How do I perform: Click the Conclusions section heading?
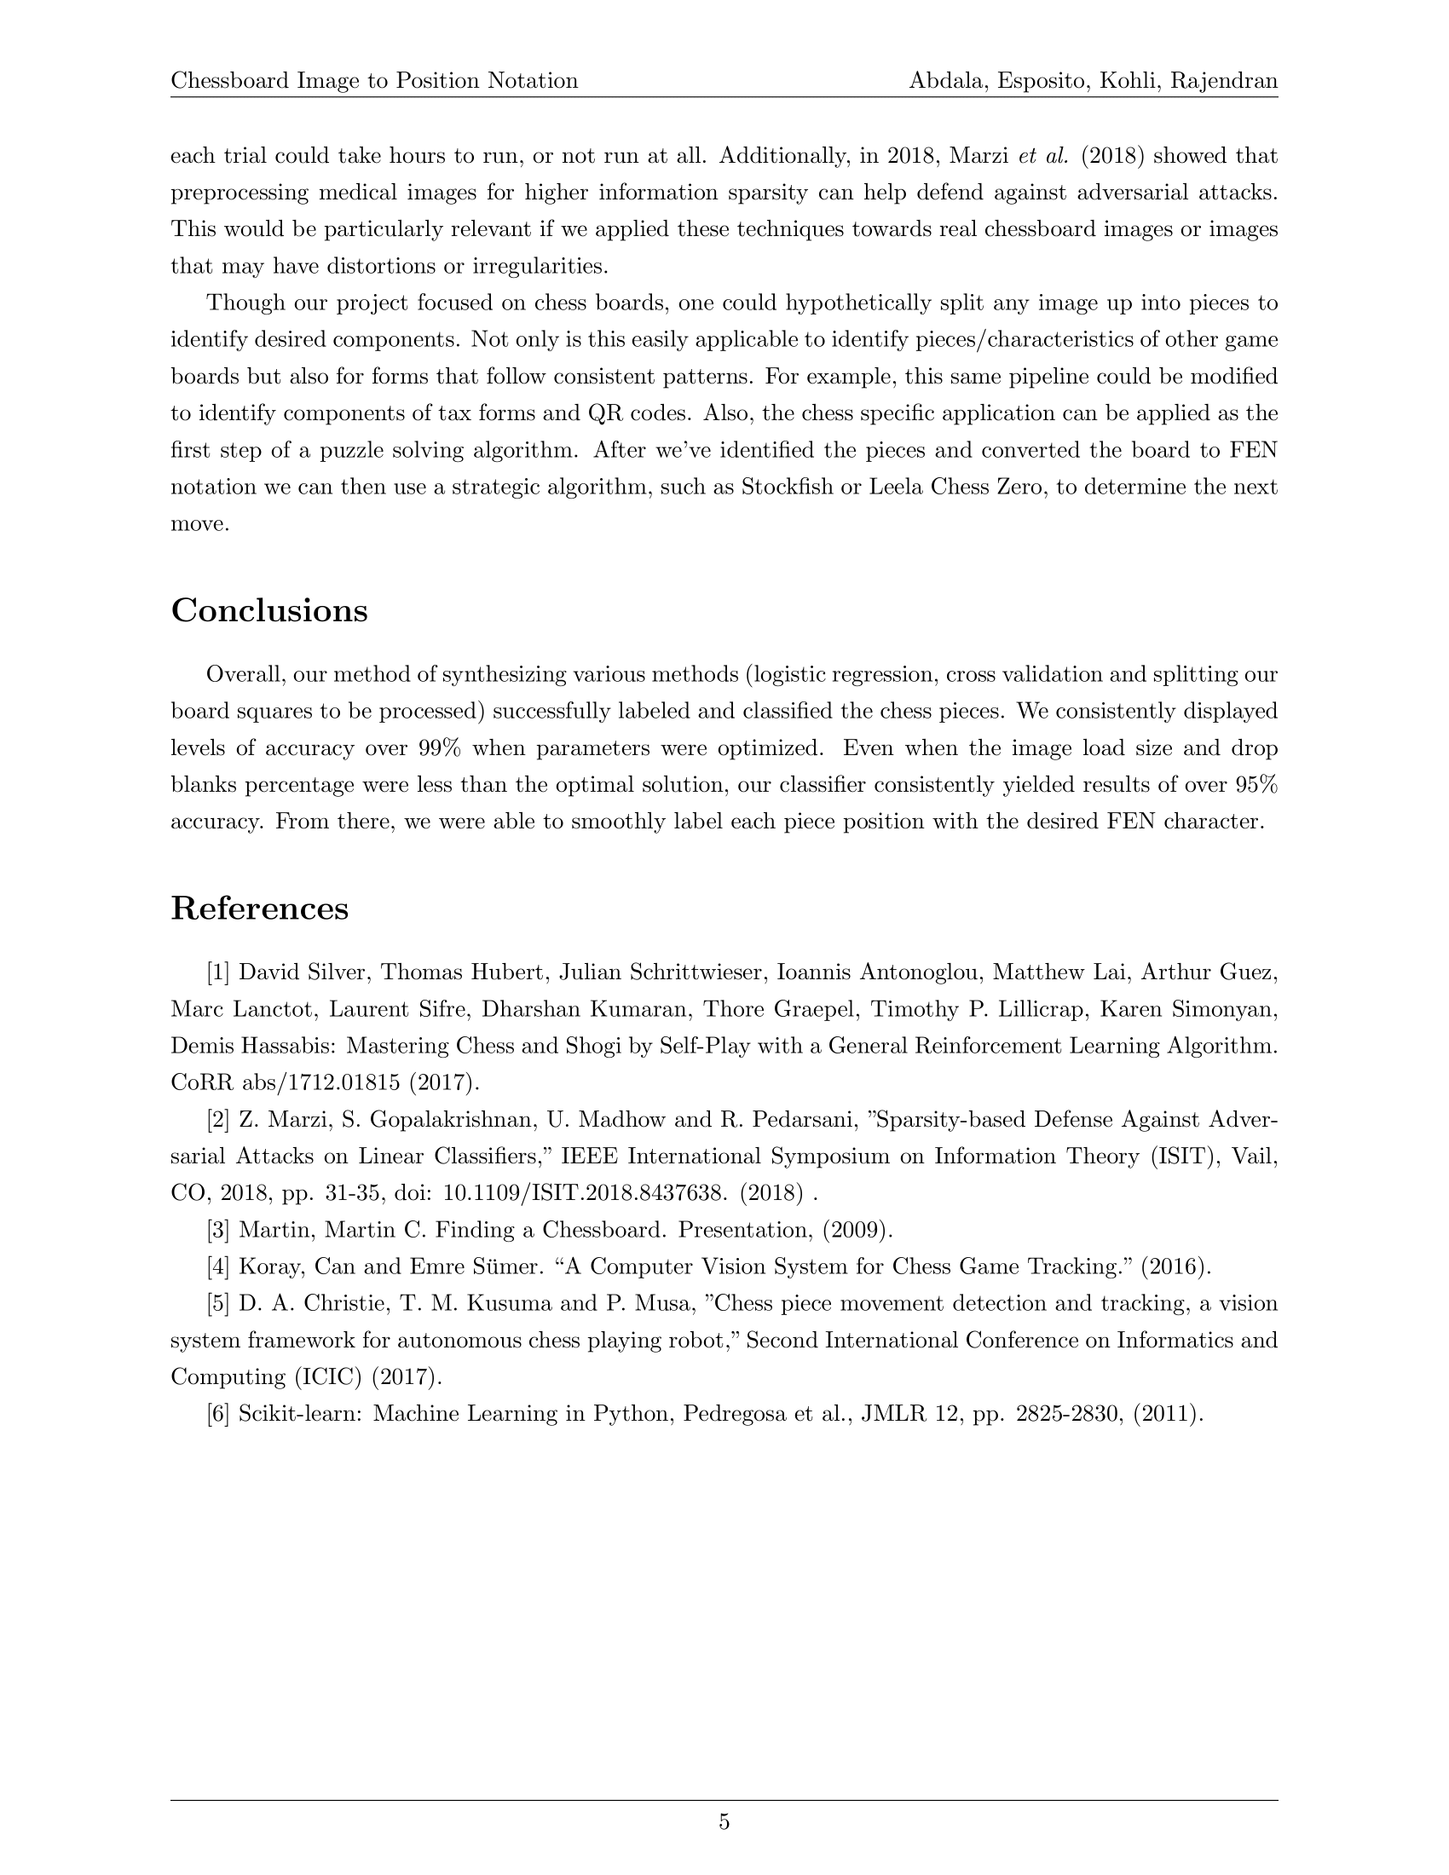pyautogui.click(x=268, y=610)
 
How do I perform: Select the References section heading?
pyautogui.click(x=259, y=909)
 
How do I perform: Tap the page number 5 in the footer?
pyautogui.click(x=724, y=1822)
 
